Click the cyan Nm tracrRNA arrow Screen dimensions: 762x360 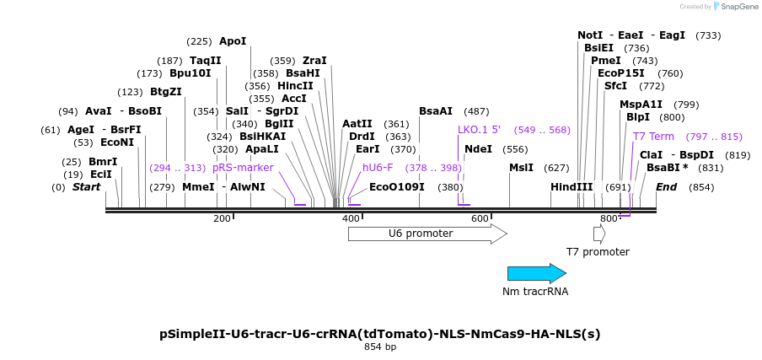click(537, 273)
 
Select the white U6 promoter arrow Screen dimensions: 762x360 click(427, 234)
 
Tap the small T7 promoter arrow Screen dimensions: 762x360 click(599, 234)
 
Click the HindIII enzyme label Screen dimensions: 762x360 click(571, 187)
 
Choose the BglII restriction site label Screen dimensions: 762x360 click(277, 123)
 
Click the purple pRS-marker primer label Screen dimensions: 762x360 click(243, 168)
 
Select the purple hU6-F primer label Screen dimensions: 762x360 click(378, 168)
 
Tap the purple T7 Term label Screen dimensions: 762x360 click(653, 137)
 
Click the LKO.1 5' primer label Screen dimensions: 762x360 click(479, 130)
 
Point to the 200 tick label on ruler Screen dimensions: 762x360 click(222, 218)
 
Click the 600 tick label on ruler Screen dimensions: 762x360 click(480, 218)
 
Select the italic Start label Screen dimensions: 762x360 click(87, 187)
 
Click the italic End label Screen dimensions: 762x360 click(666, 187)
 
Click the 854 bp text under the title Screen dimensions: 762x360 click(380, 347)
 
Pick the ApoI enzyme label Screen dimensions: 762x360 click(233, 41)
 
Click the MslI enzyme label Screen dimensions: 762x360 click(522, 168)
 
